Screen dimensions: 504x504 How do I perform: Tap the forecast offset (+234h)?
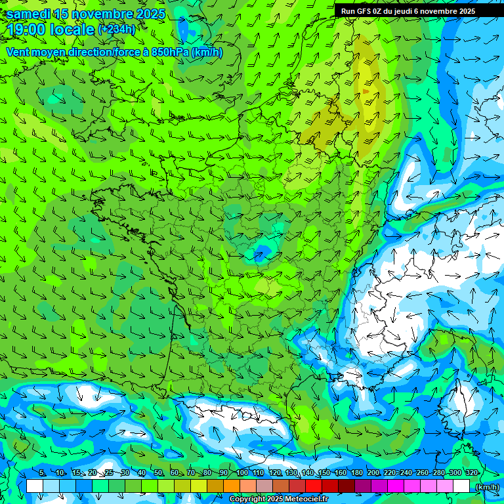(x=116, y=30)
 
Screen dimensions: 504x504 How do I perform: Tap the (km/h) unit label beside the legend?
(x=486, y=486)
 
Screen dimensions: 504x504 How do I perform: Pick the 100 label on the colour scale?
(x=241, y=473)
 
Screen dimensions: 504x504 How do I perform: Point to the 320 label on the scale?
(x=471, y=473)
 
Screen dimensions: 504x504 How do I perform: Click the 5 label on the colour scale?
(x=42, y=473)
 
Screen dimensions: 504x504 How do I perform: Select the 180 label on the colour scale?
(x=356, y=473)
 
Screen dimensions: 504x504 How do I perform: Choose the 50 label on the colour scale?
(x=158, y=473)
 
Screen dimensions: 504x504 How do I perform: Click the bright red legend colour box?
(x=314, y=486)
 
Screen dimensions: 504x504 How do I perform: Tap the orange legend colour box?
(x=232, y=486)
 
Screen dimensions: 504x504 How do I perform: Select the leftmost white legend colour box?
(x=35, y=486)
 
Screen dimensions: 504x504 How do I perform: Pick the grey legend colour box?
(x=264, y=486)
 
